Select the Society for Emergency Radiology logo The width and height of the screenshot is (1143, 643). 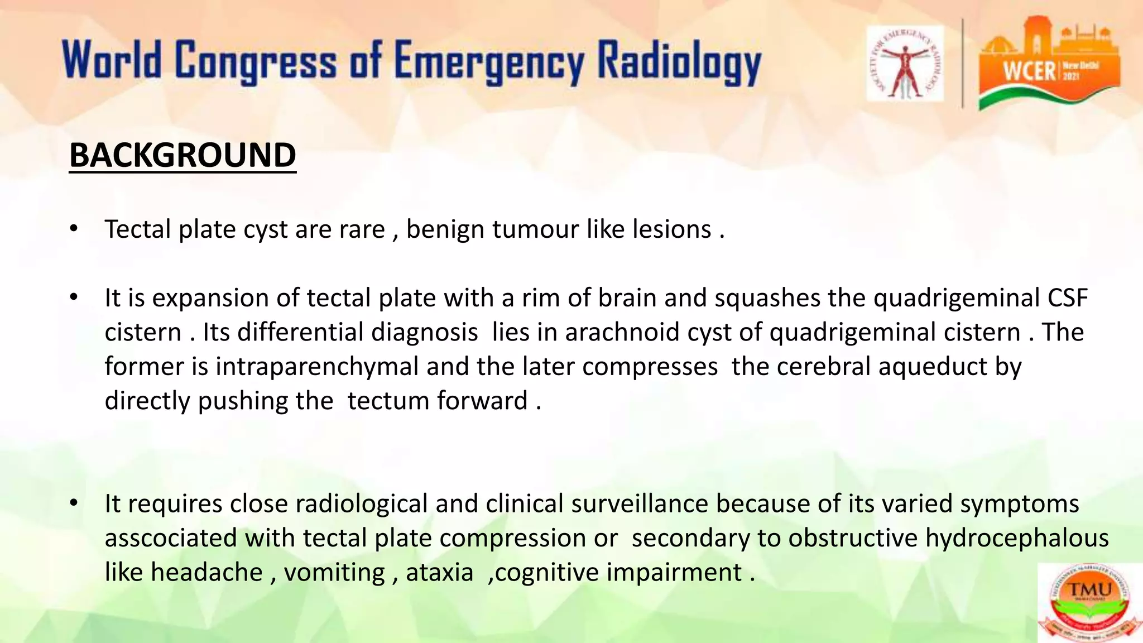click(x=905, y=63)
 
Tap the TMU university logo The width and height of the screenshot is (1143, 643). click(x=1089, y=603)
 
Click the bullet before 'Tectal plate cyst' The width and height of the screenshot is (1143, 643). click(x=74, y=229)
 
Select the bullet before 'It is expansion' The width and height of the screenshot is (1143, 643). click(x=74, y=297)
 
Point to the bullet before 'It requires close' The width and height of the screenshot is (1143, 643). click(x=74, y=503)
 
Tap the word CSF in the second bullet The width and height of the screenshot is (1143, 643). click(x=1067, y=297)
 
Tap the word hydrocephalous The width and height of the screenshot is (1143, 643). click(x=1017, y=538)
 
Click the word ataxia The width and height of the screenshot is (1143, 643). click(x=439, y=572)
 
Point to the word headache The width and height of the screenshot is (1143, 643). click(x=206, y=572)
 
